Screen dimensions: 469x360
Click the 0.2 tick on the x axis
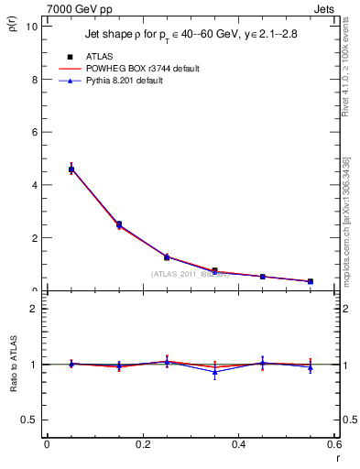click(143, 444)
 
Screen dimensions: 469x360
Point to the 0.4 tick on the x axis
click(239, 444)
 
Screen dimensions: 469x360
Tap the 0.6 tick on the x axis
click(335, 444)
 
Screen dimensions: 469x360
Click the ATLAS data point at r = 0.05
click(71, 169)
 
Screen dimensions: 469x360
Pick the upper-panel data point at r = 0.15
click(119, 224)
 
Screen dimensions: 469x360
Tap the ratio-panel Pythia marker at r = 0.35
click(214, 372)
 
